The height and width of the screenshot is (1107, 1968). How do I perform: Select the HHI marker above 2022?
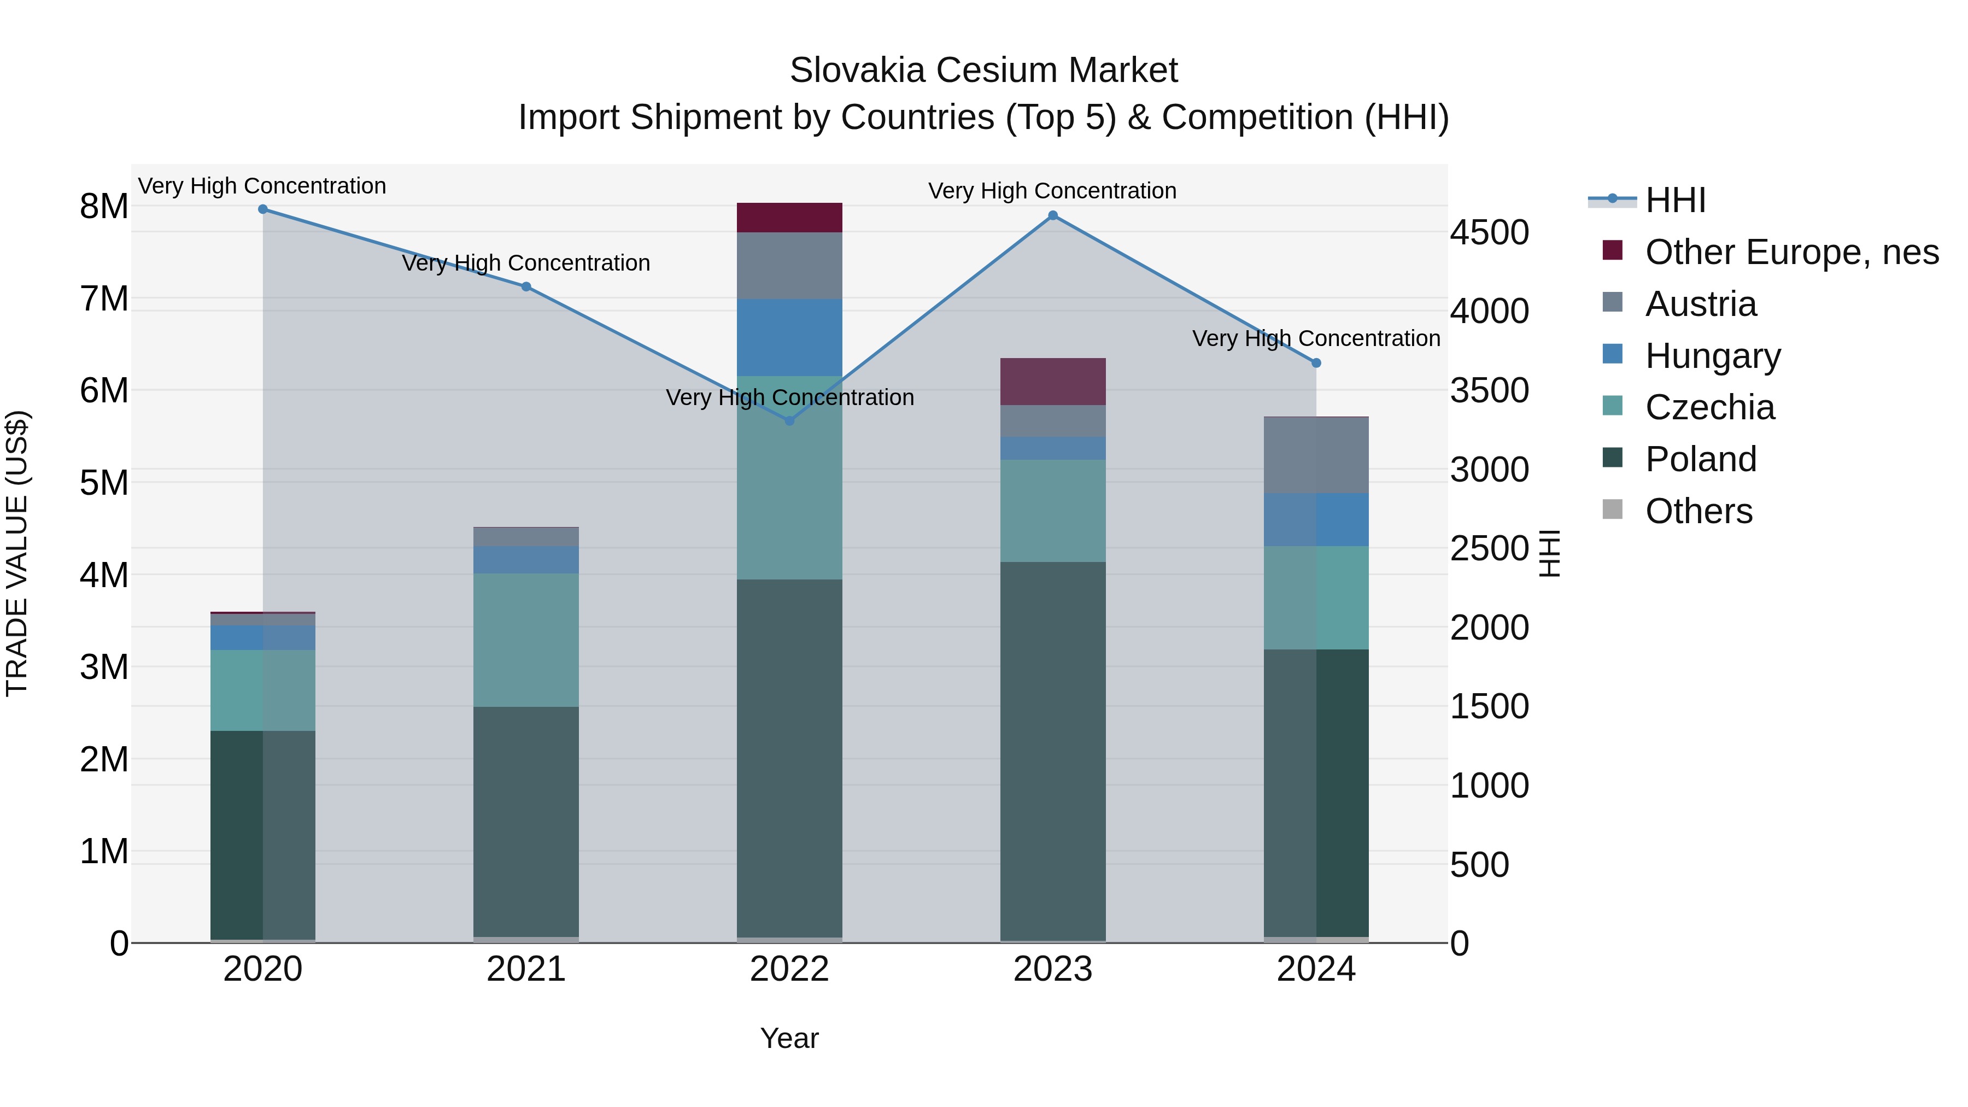(x=789, y=421)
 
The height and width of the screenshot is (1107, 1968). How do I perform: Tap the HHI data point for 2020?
(x=263, y=209)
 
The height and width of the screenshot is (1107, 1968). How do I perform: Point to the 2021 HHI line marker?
(x=525, y=286)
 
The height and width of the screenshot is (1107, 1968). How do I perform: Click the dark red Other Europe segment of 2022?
(x=789, y=218)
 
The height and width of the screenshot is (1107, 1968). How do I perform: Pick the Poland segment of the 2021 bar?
(x=525, y=821)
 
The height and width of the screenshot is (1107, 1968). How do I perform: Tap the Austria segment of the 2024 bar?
(x=1316, y=455)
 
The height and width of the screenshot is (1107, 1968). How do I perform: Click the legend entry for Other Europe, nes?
(x=1791, y=252)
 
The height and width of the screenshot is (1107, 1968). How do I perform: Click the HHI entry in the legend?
(x=1674, y=200)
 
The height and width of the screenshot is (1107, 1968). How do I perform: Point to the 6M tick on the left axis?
(x=104, y=390)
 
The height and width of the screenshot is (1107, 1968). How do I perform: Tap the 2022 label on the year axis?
(x=789, y=969)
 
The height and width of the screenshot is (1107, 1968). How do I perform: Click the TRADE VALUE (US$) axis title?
(x=17, y=553)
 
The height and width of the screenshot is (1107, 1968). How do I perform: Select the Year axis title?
(x=789, y=1038)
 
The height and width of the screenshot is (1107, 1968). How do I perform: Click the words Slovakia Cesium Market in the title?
(x=983, y=71)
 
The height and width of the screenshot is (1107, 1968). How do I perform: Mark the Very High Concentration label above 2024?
(x=1316, y=338)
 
